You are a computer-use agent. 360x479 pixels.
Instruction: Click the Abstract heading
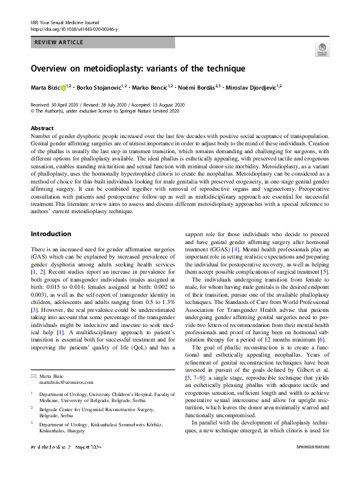[42, 128]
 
